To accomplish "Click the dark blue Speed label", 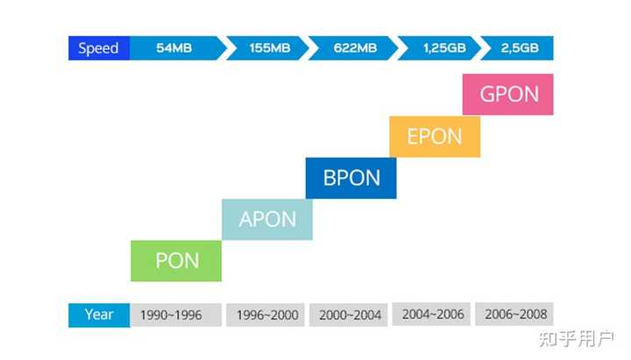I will point(98,48).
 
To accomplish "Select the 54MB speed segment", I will point(174,48).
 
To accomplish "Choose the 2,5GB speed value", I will point(519,48).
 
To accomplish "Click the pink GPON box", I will point(508,94).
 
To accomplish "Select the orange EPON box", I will point(435,137).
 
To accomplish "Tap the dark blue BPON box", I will point(351,178).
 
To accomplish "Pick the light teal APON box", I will point(267,219).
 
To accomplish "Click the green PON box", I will point(176,260).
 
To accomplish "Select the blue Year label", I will point(98,314).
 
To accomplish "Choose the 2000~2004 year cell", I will point(350,314).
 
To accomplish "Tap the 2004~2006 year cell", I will point(433,314).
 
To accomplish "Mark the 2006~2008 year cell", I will point(514,314).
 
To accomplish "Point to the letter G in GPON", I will point(488,94).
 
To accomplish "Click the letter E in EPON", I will point(413,137).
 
